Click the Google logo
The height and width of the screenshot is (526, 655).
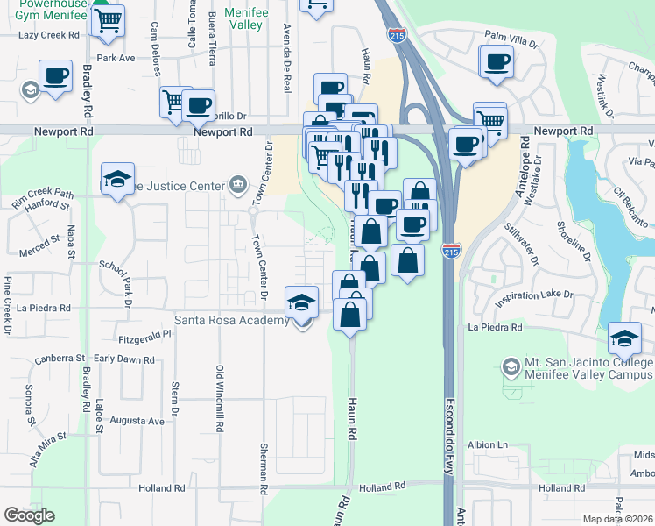[29, 515]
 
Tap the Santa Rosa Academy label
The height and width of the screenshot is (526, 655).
[233, 320]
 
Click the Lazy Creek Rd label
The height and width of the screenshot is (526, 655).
[49, 35]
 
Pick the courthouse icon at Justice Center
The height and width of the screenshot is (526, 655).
[236, 183]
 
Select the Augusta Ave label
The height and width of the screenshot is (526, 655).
[142, 421]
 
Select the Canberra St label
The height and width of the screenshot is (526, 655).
[60, 359]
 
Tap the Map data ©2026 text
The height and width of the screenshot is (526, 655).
[617, 519]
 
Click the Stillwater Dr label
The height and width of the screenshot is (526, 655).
[518, 242]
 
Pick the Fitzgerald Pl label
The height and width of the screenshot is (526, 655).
[144, 338]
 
